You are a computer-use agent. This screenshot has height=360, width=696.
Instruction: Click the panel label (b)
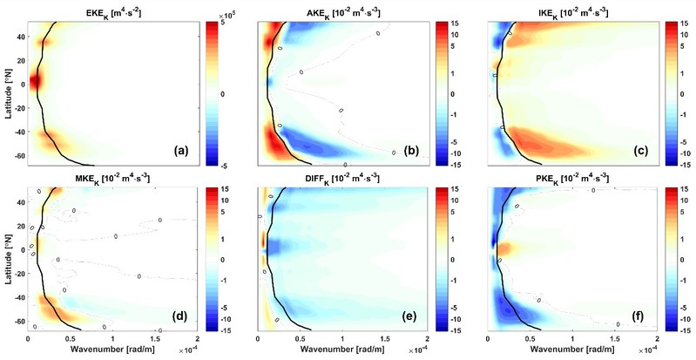(411, 150)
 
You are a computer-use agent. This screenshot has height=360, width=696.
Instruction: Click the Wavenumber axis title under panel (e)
(342, 351)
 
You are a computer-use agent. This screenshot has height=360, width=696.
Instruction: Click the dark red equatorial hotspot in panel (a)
(34, 81)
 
